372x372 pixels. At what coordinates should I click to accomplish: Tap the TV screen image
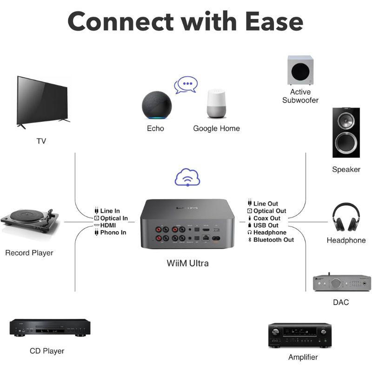click(42, 100)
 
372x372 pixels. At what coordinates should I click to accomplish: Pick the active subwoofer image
click(300, 70)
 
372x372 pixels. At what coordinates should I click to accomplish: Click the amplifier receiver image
click(300, 335)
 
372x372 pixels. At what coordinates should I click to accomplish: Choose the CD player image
click(49, 328)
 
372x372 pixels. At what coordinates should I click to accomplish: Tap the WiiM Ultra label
click(188, 263)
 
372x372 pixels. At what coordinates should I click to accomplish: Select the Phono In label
click(113, 232)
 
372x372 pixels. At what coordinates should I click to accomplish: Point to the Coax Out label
click(266, 218)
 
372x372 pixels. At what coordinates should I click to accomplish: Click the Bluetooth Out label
click(273, 240)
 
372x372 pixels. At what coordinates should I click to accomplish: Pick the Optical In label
click(113, 218)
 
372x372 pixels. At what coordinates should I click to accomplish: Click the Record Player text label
click(29, 253)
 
